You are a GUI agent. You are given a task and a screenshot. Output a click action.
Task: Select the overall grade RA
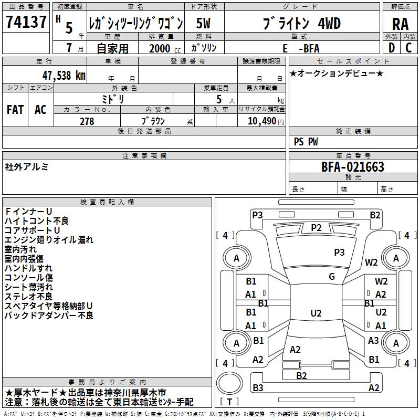(400, 24)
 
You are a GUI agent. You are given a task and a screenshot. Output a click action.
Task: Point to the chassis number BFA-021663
(353, 167)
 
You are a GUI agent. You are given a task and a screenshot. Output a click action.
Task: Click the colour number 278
(87, 121)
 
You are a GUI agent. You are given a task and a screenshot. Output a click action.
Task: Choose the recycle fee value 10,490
(261, 121)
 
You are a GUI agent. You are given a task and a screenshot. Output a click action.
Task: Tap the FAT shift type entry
(15, 110)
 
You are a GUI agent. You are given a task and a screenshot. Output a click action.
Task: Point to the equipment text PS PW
(306, 142)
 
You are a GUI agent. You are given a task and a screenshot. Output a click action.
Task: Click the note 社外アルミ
(27, 166)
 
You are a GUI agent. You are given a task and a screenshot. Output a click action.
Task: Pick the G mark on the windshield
(332, 277)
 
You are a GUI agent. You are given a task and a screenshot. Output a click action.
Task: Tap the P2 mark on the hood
(316, 227)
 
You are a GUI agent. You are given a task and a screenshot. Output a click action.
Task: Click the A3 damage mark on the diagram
(373, 341)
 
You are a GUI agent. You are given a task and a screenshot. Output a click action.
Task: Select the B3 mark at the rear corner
(258, 388)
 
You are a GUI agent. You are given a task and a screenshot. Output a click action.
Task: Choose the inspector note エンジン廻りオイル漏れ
(49, 240)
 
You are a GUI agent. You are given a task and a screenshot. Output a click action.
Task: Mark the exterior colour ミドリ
(113, 99)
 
